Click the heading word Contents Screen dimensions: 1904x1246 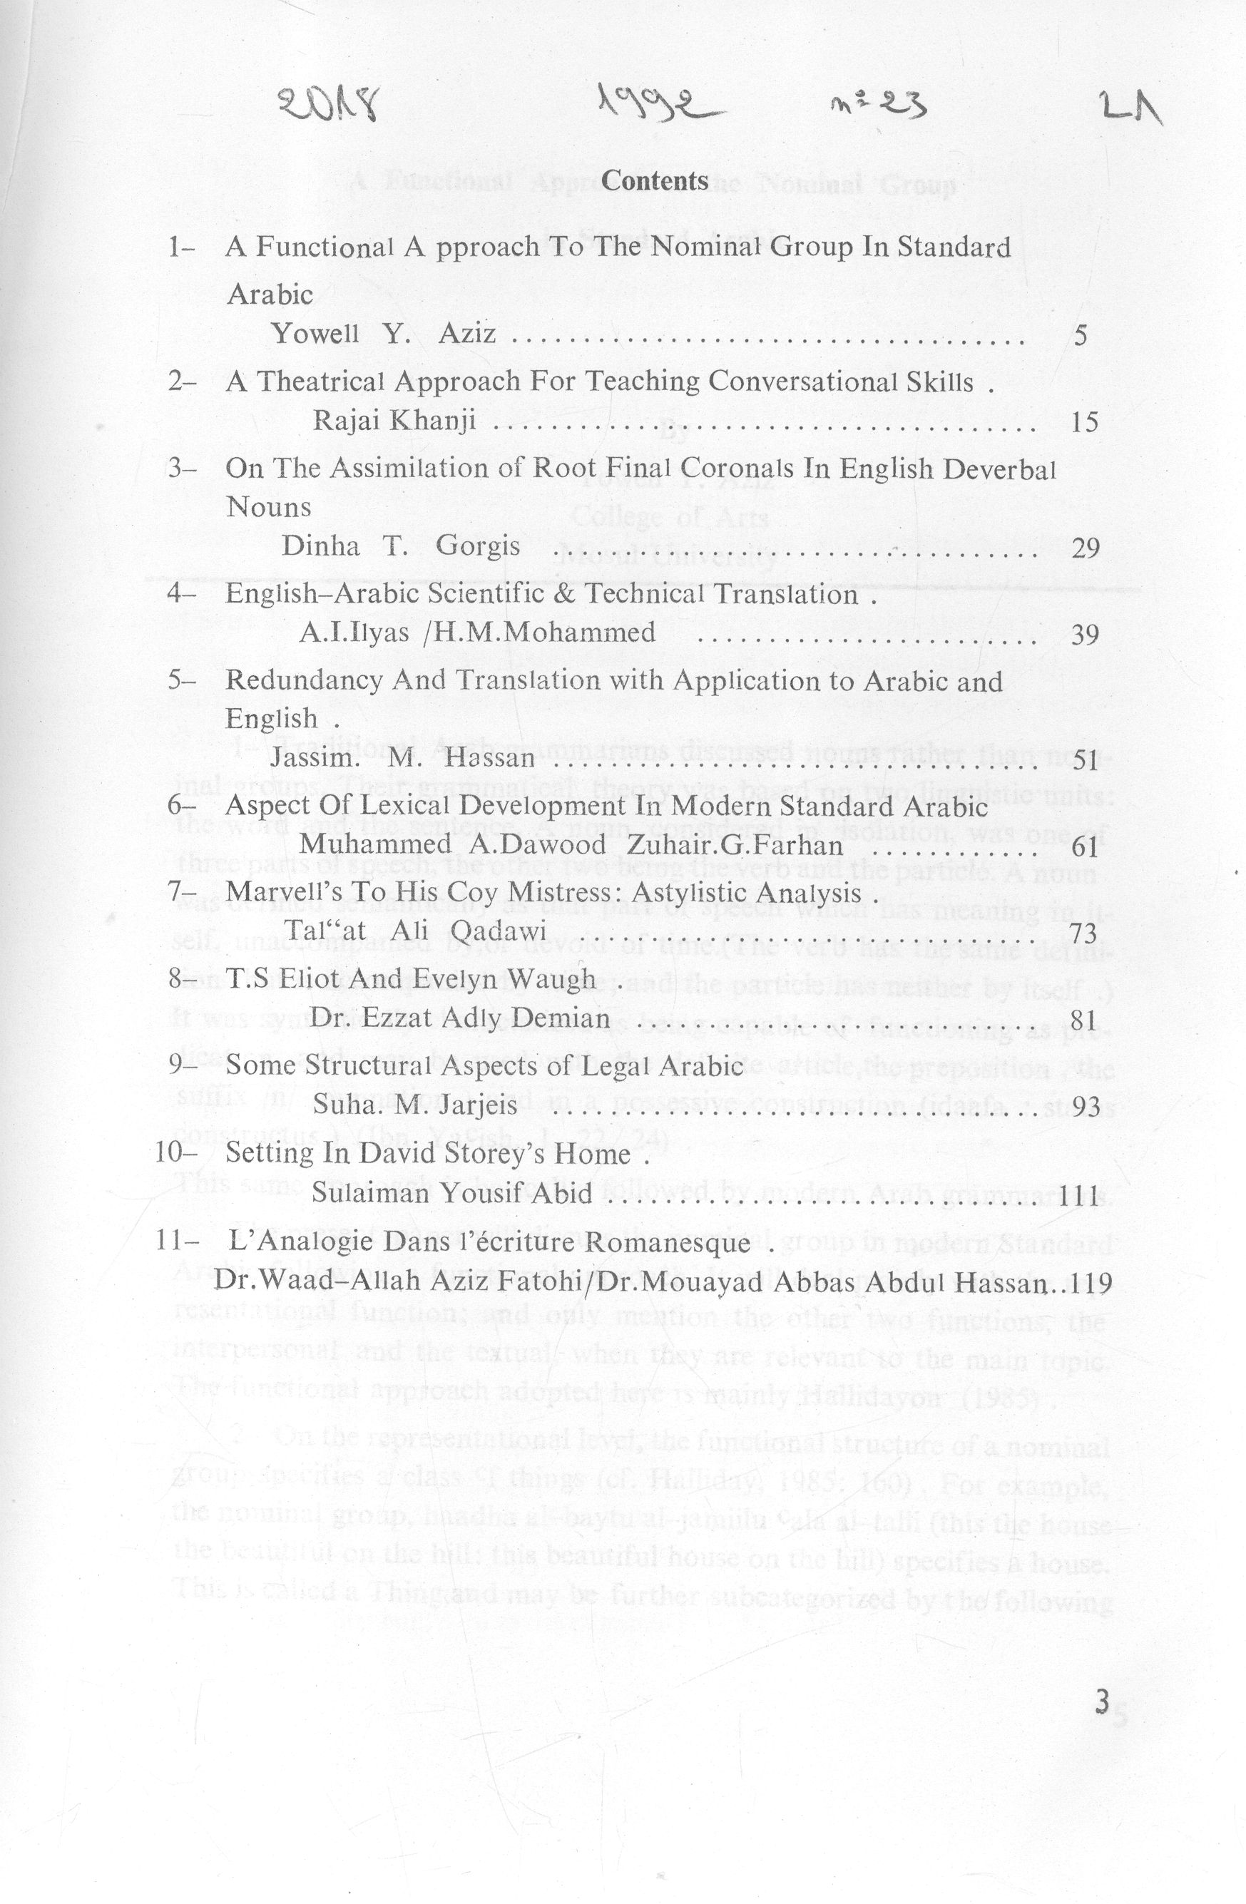coord(656,182)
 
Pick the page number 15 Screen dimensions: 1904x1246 coord(1083,421)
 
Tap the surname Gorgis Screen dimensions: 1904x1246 coord(478,547)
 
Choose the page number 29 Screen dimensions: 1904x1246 coord(1083,549)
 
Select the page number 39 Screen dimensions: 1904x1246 coord(1083,635)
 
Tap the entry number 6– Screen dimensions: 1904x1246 coord(183,804)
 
